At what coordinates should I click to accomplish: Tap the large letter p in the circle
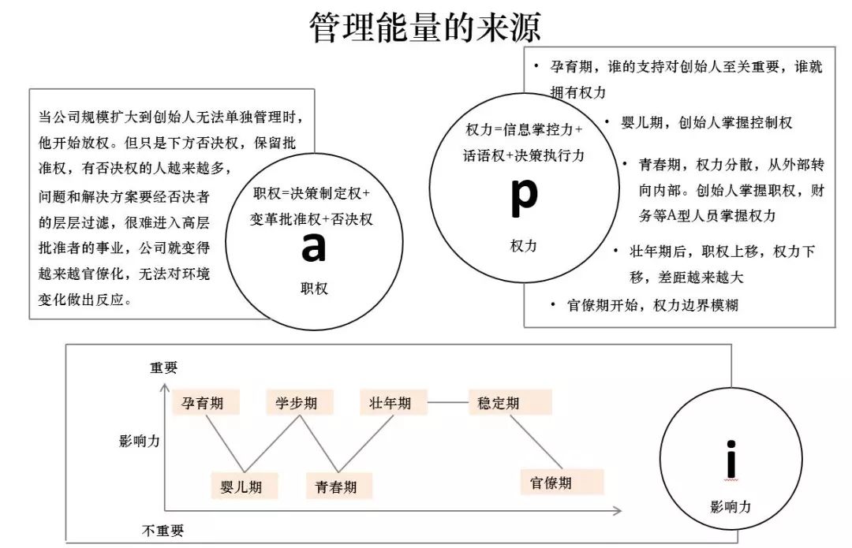pyautogui.click(x=524, y=197)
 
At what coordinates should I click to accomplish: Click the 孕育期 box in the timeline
pyautogui.click(x=203, y=403)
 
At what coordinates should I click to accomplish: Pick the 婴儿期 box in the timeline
pyautogui.click(x=241, y=486)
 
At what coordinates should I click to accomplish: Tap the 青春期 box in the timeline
pyautogui.click(x=331, y=486)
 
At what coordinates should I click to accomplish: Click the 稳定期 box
pyautogui.click(x=499, y=403)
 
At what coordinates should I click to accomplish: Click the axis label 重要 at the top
pyautogui.click(x=164, y=367)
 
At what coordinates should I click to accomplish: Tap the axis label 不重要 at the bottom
pyautogui.click(x=163, y=530)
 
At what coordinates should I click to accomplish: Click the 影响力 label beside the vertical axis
pyautogui.click(x=140, y=441)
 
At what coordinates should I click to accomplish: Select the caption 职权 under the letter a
pyautogui.click(x=313, y=289)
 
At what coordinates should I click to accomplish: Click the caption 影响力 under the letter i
pyautogui.click(x=731, y=507)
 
